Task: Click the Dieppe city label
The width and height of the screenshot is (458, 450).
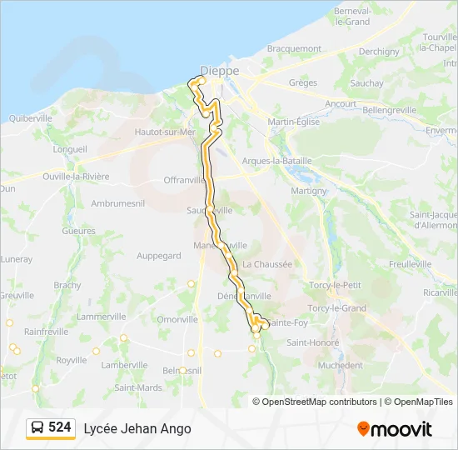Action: point(220,71)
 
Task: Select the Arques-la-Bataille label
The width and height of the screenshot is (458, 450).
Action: point(276,161)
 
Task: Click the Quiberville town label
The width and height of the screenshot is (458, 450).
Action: point(30,118)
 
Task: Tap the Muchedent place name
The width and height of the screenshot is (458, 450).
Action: point(341,365)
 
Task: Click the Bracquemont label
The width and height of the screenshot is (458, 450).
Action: point(294,49)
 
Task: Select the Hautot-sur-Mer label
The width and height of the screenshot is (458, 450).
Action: point(165,132)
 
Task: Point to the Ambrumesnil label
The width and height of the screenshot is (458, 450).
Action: point(119,203)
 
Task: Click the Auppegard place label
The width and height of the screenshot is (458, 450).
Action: point(158,256)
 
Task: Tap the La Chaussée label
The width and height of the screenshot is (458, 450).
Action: point(267,264)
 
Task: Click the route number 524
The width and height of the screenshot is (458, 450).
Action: point(59,427)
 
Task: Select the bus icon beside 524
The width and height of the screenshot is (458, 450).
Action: point(37,428)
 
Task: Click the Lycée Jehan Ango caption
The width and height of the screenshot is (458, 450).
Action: point(137,428)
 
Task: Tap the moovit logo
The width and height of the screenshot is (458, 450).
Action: point(395,429)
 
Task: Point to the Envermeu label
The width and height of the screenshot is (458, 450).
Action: point(441,132)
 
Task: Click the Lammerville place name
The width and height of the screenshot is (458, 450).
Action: point(101,317)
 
